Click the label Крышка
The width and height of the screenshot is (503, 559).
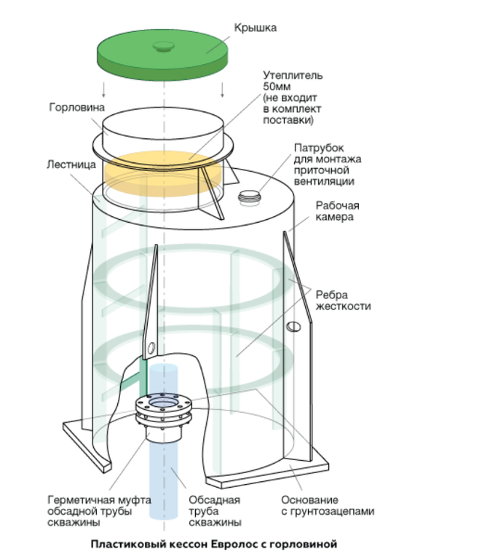point(256,28)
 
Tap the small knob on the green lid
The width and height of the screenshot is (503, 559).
point(164,47)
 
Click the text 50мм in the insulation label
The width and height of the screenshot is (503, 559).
point(277,87)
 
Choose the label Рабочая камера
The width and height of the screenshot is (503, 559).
point(337,211)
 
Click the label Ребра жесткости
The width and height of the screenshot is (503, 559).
point(343,301)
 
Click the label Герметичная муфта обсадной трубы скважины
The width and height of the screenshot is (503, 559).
point(99,511)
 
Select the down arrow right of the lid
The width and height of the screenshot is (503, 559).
point(222,90)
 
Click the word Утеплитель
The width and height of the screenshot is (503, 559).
point(293,75)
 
